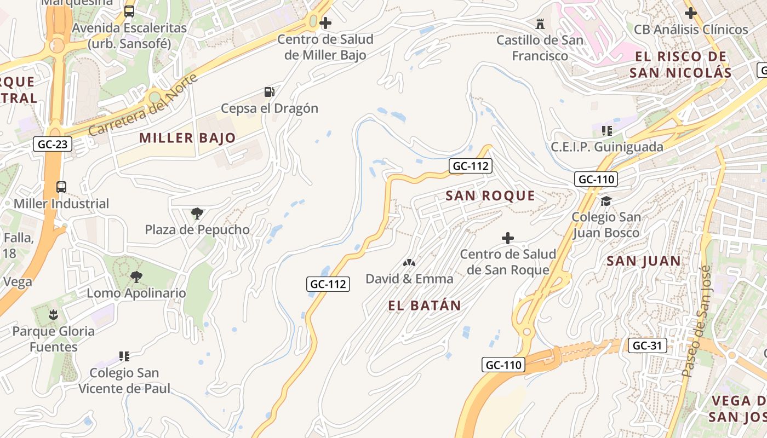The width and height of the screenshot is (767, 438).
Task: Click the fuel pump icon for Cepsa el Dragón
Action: point(269,92)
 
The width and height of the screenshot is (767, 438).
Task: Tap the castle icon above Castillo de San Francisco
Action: point(540,24)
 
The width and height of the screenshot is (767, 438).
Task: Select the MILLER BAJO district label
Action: point(187,138)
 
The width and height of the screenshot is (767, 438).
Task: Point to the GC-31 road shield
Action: point(647,345)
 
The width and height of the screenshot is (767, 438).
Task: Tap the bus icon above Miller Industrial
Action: point(61,187)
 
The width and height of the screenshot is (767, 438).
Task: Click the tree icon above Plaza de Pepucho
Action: point(197,213)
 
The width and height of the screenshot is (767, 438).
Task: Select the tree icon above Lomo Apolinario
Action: point(136,277)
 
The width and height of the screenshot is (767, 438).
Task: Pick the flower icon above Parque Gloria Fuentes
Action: point(53,315)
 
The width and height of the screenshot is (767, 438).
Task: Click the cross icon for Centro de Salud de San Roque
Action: point(508,238)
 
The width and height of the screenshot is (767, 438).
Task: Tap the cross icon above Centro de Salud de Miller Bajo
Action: point(325,23)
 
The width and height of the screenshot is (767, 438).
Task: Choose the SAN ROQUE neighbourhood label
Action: point(490,196)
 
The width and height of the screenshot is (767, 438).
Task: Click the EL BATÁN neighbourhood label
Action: point(425,306)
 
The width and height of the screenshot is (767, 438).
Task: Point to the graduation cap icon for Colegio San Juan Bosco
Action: point(606,201)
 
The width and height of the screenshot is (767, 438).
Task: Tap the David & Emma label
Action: point(409,279)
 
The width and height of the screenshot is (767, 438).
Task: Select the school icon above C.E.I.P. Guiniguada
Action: point(606,131)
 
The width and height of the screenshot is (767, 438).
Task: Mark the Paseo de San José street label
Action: point(695,321)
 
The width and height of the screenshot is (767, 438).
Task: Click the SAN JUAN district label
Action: point(643,261)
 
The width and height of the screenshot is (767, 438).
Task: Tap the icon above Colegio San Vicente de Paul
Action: point(124,356)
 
